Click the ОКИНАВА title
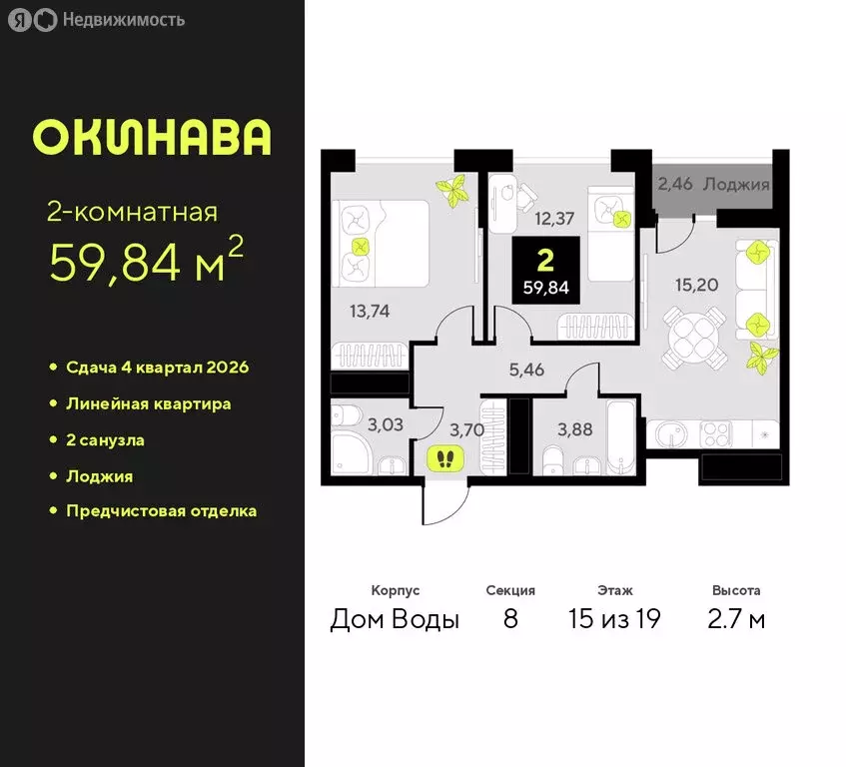pyautogui.click(x=152, y=138)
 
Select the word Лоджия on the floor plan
pyautogui.click(x=735, y=184)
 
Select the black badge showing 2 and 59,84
pyautogui.click(x=544, y=272)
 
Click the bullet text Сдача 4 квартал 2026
pyautogui.click(x=157, y=368)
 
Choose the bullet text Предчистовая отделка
pyautogui.click(x=161, y=511)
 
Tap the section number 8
pyautogui.click(x=510, y=619)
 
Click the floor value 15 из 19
pyautogui.click(x=614, y=619)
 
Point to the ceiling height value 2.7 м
pyautogui.click(x=736, y=619)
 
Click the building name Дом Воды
pyautogui.click(x=395, y=619)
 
